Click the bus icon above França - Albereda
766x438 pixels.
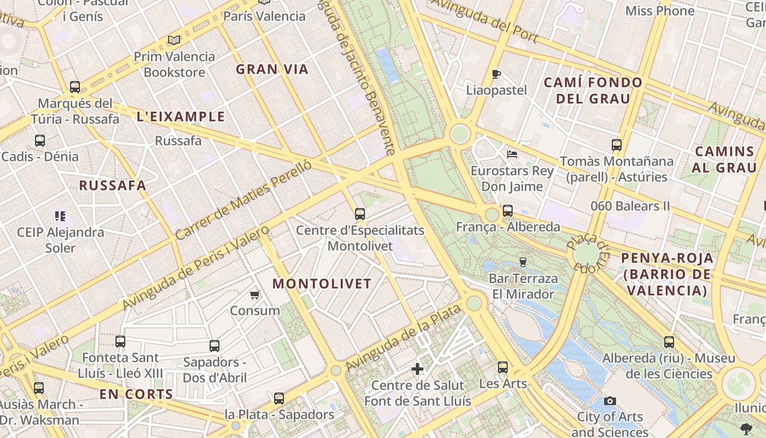508,210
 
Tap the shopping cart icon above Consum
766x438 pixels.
254,295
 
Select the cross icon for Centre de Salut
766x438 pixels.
417,369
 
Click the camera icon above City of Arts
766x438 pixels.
610,401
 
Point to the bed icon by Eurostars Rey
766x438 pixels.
512,154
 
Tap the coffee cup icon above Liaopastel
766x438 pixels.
496,74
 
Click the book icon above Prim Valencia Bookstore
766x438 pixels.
174,40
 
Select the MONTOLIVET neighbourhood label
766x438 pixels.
322,284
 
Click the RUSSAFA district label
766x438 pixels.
113,185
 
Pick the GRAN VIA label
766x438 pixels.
272,69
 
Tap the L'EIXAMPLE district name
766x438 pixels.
181,117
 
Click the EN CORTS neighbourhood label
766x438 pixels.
136,394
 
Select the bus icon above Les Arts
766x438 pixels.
503,367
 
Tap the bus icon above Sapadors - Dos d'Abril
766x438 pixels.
214,346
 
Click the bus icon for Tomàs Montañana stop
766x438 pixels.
617,145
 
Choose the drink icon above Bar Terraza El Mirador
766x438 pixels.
523,262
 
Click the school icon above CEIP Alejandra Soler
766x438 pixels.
60,216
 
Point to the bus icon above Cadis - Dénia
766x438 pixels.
40,140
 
